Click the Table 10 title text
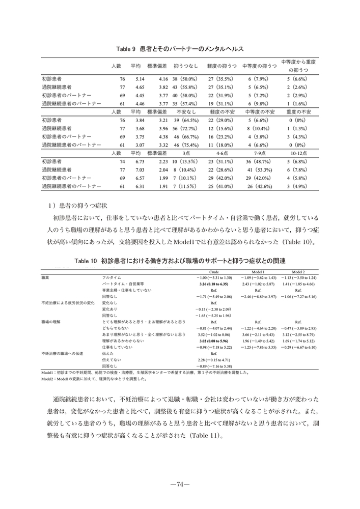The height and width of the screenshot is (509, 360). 180,260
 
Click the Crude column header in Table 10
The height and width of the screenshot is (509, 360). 214,272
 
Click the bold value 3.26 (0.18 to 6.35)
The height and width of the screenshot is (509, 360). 214,284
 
